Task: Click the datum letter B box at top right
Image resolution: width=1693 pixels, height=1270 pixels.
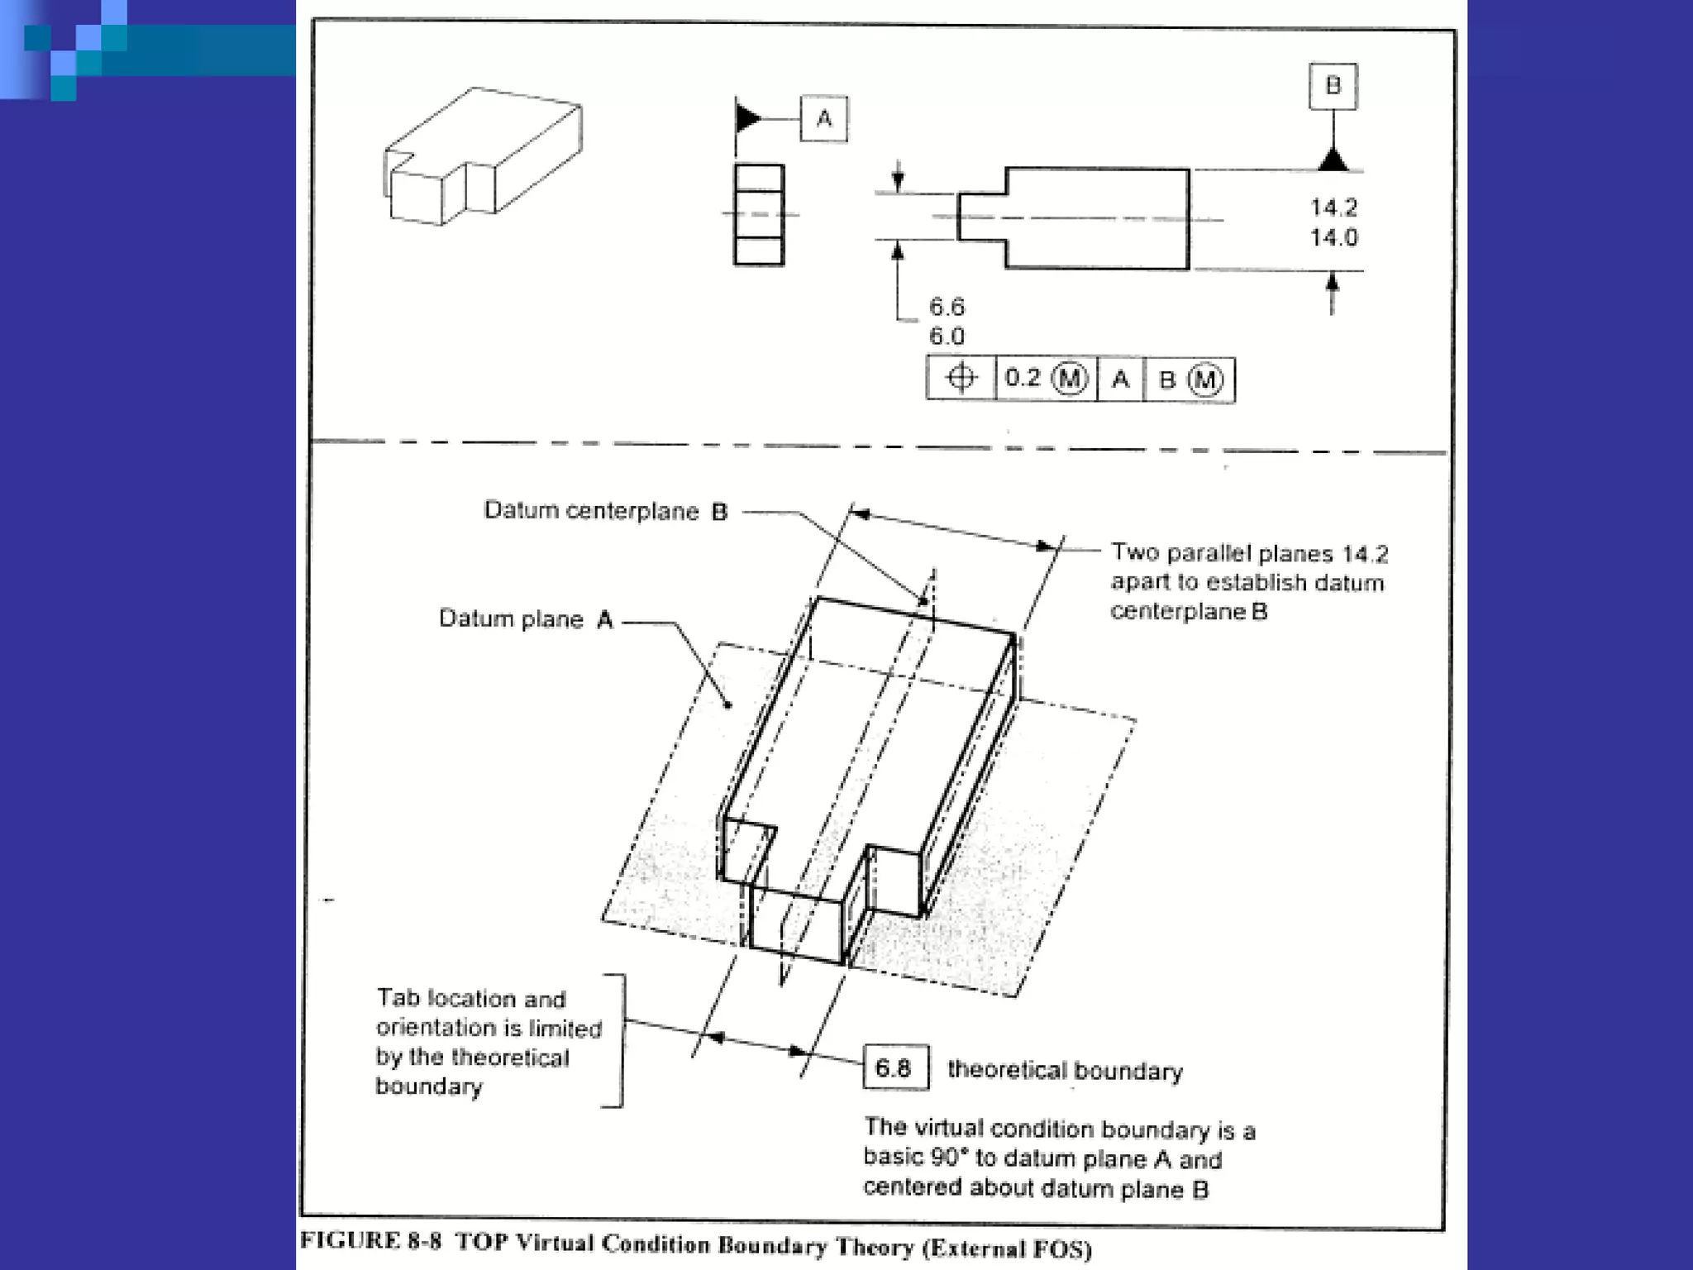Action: point(1332,86)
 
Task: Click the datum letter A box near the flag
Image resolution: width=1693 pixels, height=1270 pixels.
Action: point(823,119)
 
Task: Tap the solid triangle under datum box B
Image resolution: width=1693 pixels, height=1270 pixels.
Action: point(1333,159)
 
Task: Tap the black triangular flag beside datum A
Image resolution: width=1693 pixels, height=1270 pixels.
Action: point(747,118)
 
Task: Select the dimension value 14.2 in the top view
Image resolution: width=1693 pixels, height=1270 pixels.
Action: point(1333,207)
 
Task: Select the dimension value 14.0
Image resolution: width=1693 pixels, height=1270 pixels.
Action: point(1333,238)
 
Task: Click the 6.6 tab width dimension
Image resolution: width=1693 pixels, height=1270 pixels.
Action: point(947,307)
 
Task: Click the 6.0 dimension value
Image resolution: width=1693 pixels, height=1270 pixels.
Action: point(947,337)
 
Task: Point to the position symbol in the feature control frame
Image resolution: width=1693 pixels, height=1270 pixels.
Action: point(961,379)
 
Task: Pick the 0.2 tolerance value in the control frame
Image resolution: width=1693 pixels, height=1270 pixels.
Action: point(1023,378)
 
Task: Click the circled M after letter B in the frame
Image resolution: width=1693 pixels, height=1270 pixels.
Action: point(1204,380)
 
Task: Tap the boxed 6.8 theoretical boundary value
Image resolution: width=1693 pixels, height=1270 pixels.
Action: point(894,1067)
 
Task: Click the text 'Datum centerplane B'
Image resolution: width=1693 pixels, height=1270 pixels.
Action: point(605,511)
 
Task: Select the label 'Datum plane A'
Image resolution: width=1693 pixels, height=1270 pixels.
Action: point(526,619)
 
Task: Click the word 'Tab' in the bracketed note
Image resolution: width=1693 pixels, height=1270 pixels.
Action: point(398,998)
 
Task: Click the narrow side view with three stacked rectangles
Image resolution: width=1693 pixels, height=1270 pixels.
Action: point(758,215)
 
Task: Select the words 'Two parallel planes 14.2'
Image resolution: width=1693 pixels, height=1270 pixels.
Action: point(1249,553)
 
